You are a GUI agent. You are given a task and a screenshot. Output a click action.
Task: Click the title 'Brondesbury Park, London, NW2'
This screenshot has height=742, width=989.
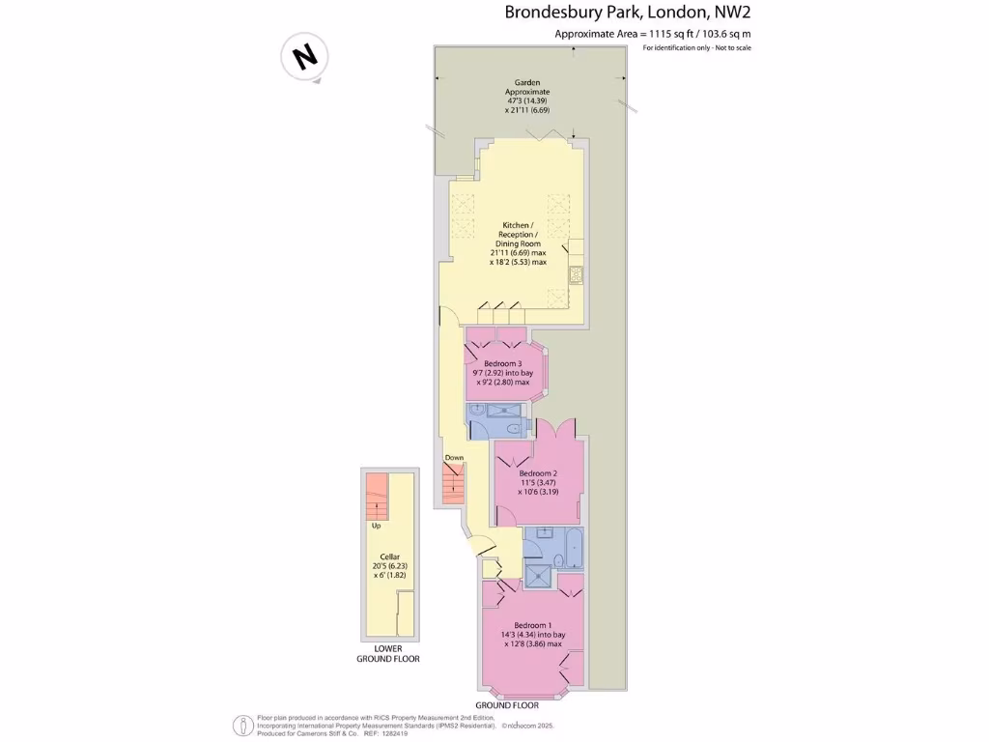[628, 13]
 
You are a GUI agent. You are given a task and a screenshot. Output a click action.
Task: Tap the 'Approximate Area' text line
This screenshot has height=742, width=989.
[652, 34]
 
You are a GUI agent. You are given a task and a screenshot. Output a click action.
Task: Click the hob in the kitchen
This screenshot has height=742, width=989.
[576, 274]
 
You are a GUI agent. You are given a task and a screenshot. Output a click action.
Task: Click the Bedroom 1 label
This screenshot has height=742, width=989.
[532, 634]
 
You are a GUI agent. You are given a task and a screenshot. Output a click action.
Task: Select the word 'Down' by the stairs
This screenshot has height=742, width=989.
[454, 457]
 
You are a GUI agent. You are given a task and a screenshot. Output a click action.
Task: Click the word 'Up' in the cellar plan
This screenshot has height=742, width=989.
[376, 527]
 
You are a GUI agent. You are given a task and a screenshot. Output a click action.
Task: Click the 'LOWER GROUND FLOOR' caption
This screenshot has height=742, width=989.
[389, 653]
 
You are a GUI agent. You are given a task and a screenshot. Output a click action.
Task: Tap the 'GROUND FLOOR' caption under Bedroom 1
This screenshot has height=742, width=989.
[507, 706]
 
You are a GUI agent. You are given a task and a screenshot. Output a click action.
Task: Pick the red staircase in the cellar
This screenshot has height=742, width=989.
[375, 497]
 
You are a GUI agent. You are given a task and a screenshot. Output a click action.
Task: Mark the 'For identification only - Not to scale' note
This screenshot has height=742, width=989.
[696, 48]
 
